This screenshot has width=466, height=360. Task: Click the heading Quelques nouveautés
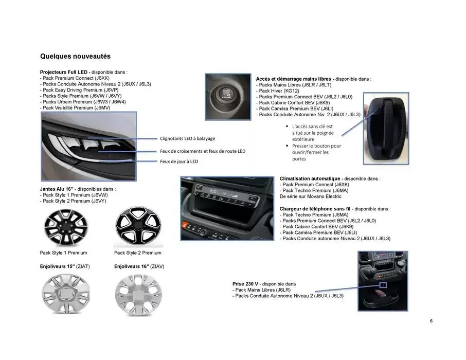point(75,56)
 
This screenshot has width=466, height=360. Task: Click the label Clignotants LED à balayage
point(187,138)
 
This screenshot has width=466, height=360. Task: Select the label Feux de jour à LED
point(178,161)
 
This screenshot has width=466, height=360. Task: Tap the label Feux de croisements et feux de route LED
point(202,151)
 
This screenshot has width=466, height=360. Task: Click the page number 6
point(431,322)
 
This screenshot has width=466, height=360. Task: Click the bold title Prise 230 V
point(246,284)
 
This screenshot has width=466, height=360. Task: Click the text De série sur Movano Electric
point(311,196)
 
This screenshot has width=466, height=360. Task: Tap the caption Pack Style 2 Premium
point(137,253)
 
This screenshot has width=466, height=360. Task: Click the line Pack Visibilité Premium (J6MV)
point(75,107)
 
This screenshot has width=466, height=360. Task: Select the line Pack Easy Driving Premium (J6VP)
point(80,89)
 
